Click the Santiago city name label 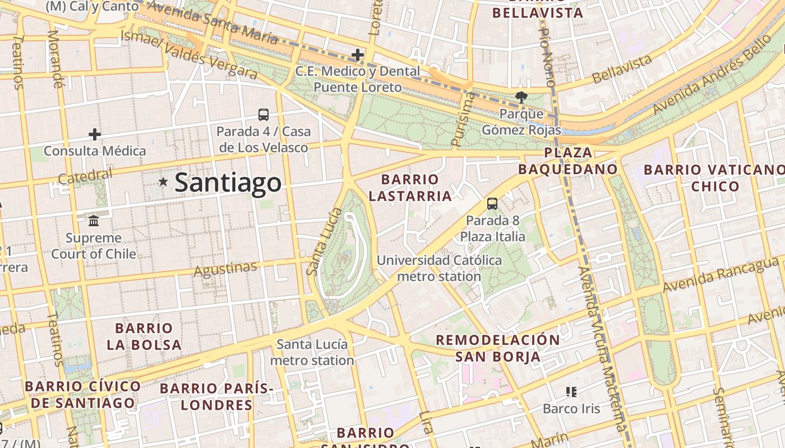click(x=228, y=183)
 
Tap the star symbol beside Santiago click(x=163, y=181)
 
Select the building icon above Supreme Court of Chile click(x=94, y=221)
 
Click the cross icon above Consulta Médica click(x=95, y=134)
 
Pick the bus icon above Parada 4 click(x=264, y=114)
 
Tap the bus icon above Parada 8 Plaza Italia click(x=492, y=204)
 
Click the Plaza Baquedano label click(x=567, y=161)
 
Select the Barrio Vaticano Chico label click(x=714, y=178)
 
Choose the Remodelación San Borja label click(x=498, y=348)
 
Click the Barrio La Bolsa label click(x=144, y=336)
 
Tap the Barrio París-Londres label click(x=216, y=396)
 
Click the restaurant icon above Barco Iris click(x=571, y=391)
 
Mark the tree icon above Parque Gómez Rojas click(x=521, y=97)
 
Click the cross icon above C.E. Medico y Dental click(x=358, y=55)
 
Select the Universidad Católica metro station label click(x=439, y=268)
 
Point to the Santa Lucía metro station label click(x=312, y=352)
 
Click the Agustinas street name click(x=225, y=269)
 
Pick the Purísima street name click(x=463, y=120)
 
